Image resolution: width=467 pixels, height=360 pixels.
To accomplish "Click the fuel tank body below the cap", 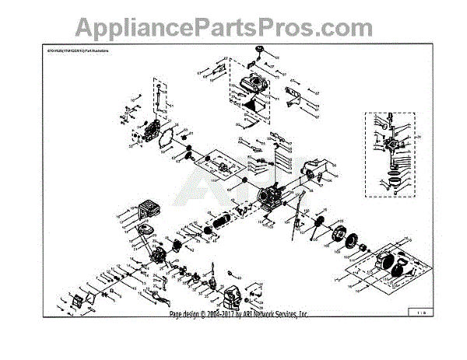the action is point(255,86).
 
